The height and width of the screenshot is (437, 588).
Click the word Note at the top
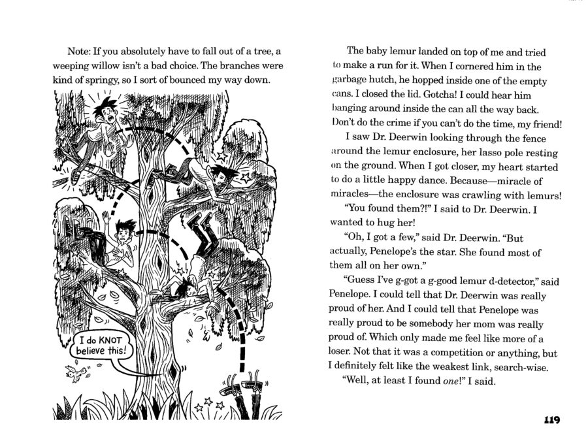click(80, 52)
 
